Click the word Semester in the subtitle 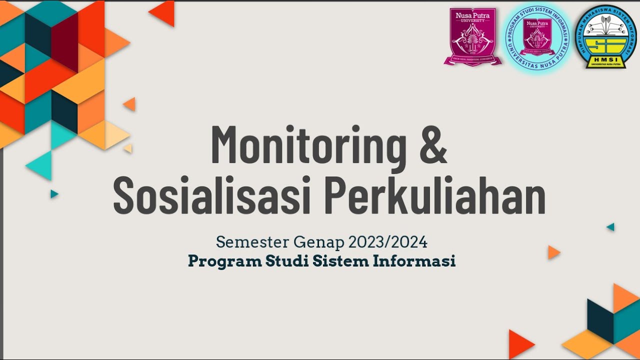click(252, 242)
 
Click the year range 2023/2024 click(388, 242)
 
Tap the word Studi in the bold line click(287, 261)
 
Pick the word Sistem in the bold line click(341, 261)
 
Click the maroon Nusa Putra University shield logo click(473, 36)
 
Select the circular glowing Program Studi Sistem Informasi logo click(536, 36)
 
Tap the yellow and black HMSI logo click(605, 36)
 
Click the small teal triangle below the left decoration click(54, 194)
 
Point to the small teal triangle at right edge click(610, 227)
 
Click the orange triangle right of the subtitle click(553, 252)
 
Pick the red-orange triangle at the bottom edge click(520, 344)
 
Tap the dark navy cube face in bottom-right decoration click(600, 320)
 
